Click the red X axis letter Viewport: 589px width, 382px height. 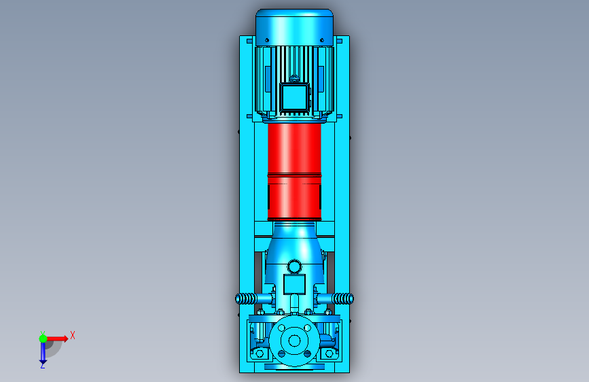(73, 335)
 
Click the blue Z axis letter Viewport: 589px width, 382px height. (43, 365)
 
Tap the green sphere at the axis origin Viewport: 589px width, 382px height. (43, 338)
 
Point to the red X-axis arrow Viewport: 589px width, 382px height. (57, 338)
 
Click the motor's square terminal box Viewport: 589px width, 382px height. (295, 97)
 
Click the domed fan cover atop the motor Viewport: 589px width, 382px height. (295, 27)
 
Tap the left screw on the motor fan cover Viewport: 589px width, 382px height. (267, 40)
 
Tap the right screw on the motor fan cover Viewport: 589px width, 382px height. (322, 40)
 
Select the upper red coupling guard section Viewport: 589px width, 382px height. (295, 148)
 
